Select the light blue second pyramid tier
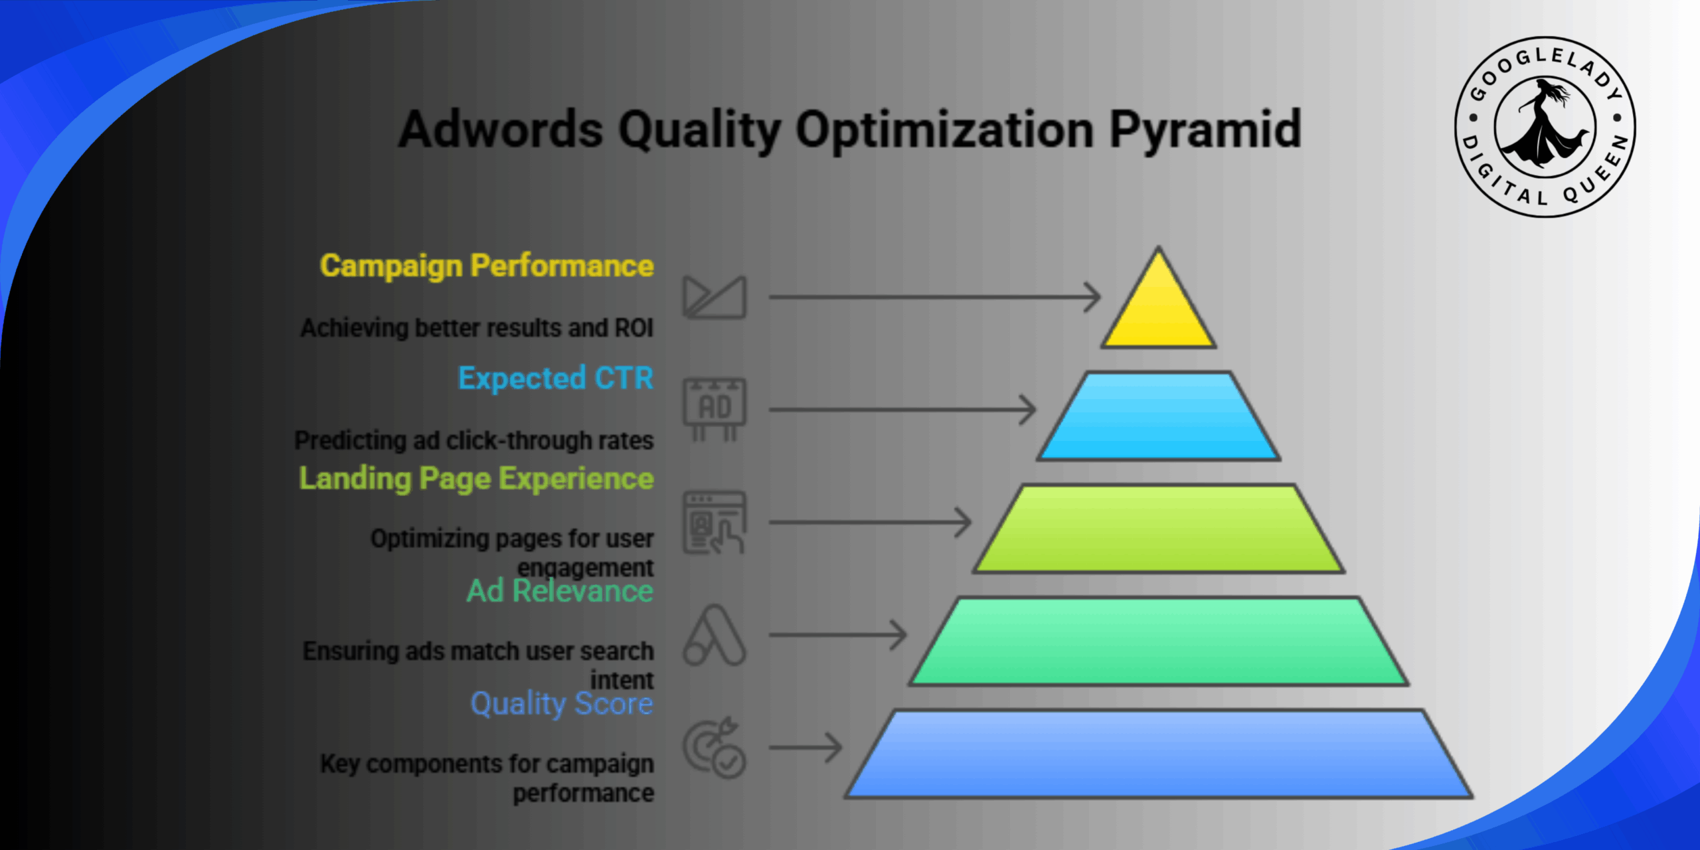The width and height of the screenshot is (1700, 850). (x=1159, y=417)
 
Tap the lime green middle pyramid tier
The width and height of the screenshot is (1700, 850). (x=1159, y=529)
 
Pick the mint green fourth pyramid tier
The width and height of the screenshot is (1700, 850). (x=1159, y=641)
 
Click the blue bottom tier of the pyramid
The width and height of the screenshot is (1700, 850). (x=1159, y=754)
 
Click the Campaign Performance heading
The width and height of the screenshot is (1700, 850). (x=487, y=266)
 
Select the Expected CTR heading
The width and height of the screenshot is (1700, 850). (x=556, y=378)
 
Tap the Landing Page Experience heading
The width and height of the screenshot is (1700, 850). (x=476, y=478)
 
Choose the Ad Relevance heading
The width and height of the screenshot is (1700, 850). (x=560, y=590)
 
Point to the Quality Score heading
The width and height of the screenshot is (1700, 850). (x=562, y=703)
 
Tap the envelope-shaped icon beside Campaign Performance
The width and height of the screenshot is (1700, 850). (x=715, y=297)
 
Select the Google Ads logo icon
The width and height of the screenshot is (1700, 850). (x=715, y=636)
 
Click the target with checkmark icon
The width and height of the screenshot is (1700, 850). (x=715, y=748)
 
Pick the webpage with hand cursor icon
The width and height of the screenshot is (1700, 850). (x=715, y=523)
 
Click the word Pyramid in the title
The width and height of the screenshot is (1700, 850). (x=1205, y=129)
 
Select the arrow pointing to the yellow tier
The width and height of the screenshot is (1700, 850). (x=934, y=297)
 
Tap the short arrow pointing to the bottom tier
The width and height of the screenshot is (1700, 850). (x=806, y=748)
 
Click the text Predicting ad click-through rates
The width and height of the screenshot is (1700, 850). (x=474, y=440)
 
